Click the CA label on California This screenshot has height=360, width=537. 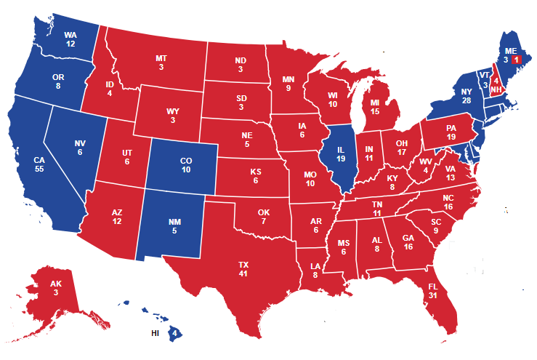coord(41,158)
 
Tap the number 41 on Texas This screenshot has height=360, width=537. coord(243,274)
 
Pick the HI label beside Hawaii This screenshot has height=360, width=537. coord(155,333)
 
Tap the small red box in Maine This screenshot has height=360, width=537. coord(516,59)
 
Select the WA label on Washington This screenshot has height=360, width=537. coord(70,34)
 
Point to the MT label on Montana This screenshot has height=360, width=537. coord(161,57)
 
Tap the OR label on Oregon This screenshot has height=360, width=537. coord(57,75)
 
